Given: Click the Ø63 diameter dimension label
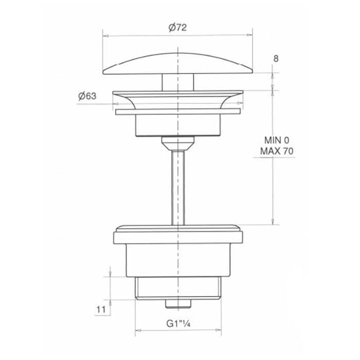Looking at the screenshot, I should click(87, 96).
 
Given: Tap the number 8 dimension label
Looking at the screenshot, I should click(276, 59).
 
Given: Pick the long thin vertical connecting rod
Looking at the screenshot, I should click(178, 185).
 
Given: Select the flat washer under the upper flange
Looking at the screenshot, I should click(178, 111).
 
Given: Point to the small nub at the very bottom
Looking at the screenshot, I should click(178, 303).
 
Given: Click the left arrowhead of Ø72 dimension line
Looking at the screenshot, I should click(105, 35).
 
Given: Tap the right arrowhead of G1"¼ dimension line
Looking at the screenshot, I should click(220, 329).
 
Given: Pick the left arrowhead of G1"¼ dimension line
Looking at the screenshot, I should click(136, 329).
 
